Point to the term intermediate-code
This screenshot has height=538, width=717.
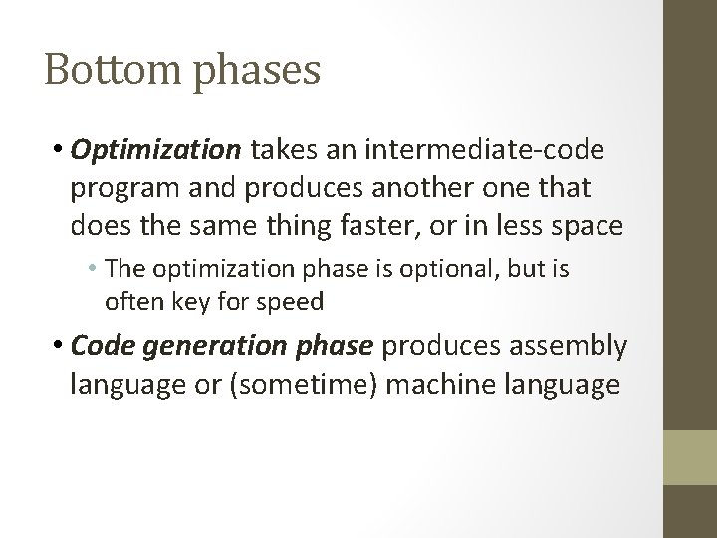pyautogui.click(x=487, y=150)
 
